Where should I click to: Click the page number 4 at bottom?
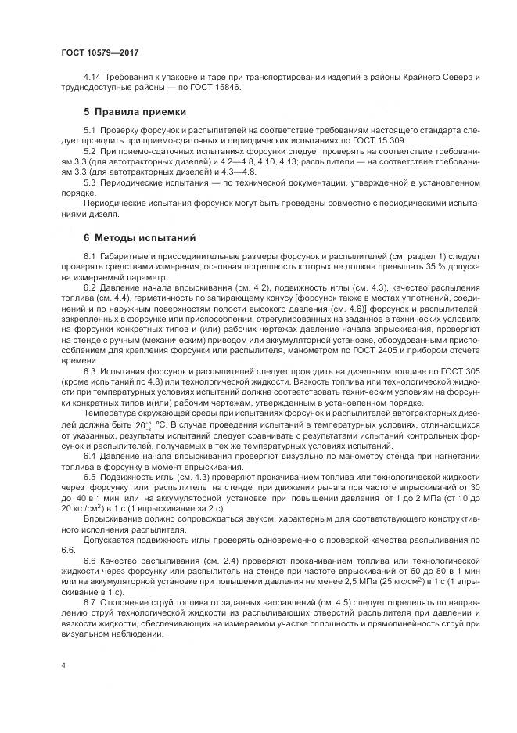[x=63, y=665]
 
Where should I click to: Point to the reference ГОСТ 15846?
[x=216, y=87]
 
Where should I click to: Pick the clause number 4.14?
[x=92, y=77]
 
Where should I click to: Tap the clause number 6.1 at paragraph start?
[x=89, y=257]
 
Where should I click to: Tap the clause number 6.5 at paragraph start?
[x=89, y=476]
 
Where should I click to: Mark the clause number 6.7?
[x=89, y=601]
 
